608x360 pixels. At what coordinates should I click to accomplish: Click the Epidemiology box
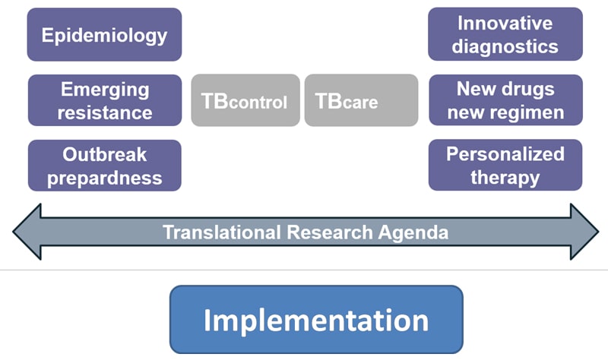click(104, 34)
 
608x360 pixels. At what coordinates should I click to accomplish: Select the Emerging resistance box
click(105, 100)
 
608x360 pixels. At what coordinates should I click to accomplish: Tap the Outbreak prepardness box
click(105, 166)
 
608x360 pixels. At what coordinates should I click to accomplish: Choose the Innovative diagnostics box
click(505, 34)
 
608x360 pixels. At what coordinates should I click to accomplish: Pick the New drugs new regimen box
click(505, 100)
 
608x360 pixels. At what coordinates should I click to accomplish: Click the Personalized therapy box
click(505, 165)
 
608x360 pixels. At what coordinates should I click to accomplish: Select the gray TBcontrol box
click(245, 100)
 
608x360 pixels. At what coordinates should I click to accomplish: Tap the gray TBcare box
click(362, 100)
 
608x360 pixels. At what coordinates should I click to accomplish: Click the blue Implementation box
click(316, 320)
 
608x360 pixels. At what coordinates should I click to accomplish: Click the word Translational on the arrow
click(222, 232)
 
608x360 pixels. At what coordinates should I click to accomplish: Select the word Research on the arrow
click(330, 232)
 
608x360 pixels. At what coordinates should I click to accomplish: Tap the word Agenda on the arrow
click(413, 233)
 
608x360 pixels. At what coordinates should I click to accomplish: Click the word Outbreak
click(105, 155)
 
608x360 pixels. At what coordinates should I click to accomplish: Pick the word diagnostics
click(505, 47)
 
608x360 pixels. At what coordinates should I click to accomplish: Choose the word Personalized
click(505, 154)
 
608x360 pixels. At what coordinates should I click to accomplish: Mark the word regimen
click(527, 112)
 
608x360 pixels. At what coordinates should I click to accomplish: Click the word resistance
click(105, 112)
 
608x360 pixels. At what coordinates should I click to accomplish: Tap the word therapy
click(505, 178)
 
